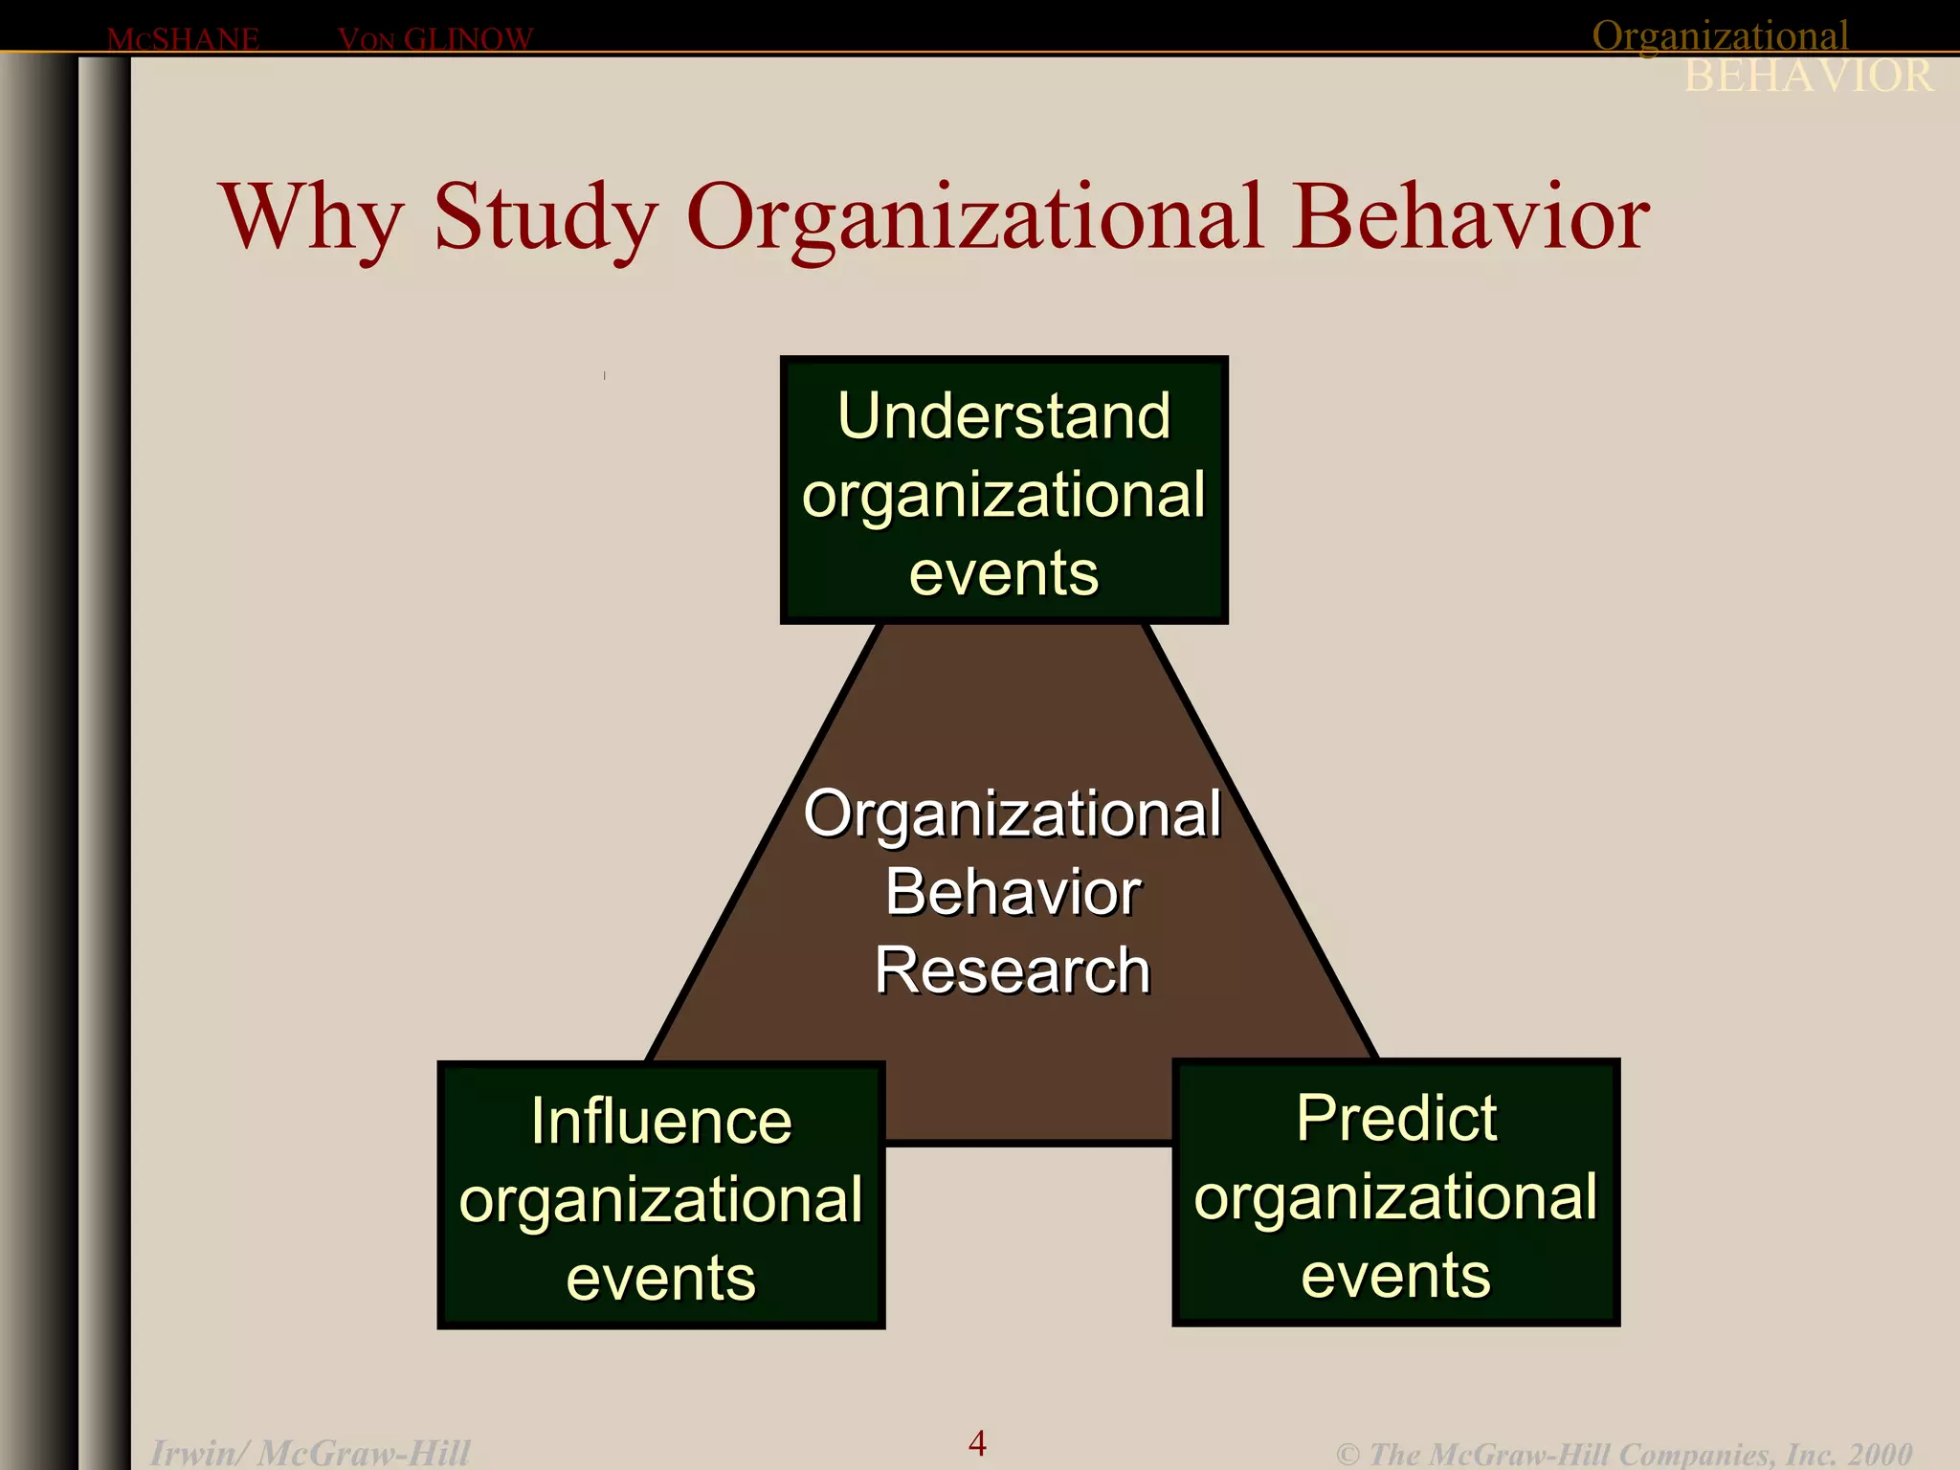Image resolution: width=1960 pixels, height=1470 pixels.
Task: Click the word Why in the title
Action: click(312, 218)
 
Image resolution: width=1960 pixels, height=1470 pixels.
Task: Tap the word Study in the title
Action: click(545, 218)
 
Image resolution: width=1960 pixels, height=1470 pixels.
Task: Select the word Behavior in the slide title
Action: click(1471, 218)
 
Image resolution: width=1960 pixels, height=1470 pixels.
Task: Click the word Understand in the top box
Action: click(1004, 416)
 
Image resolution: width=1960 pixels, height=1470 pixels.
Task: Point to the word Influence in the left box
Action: click(661, 1121)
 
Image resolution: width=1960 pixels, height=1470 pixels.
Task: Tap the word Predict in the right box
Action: click(1396, 1118)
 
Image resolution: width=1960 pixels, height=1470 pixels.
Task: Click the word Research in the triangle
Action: click(1012, 970)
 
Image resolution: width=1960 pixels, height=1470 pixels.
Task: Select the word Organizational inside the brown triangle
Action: click(1012, 814)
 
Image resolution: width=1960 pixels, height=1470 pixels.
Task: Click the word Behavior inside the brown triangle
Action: click(1013, 892)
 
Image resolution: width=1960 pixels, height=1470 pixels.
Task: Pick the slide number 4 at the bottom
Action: click(977, 1442)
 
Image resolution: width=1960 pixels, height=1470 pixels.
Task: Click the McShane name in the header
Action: click(183, 39)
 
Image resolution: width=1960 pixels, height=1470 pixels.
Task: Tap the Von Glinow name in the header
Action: click(435, 39)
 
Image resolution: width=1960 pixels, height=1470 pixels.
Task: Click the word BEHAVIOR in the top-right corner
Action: click(1809, 77)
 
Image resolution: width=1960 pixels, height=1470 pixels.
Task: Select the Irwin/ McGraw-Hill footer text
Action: click(310, 1453)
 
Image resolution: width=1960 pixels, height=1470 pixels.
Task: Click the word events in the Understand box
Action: click(1004, 573)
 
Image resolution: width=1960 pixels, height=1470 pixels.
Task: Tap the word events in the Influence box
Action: click(661, 1279)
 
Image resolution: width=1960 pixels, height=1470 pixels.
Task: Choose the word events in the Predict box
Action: click(1396, 1276)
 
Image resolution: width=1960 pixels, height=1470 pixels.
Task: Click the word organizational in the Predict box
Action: click(1396, 1197)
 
